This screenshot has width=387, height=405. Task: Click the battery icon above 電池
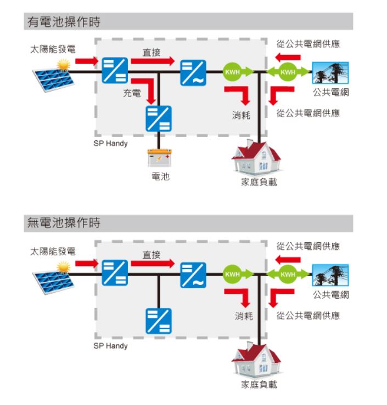(x=159, y=158)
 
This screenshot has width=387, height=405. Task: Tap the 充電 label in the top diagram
(x=132, y=94)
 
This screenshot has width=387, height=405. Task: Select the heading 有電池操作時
(x=64, y=22)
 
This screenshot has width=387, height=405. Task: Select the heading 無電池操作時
(x=64, y=223)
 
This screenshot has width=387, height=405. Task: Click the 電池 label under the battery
(x=160, y=177)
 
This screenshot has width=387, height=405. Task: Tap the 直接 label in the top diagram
(x=152, y=52)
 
